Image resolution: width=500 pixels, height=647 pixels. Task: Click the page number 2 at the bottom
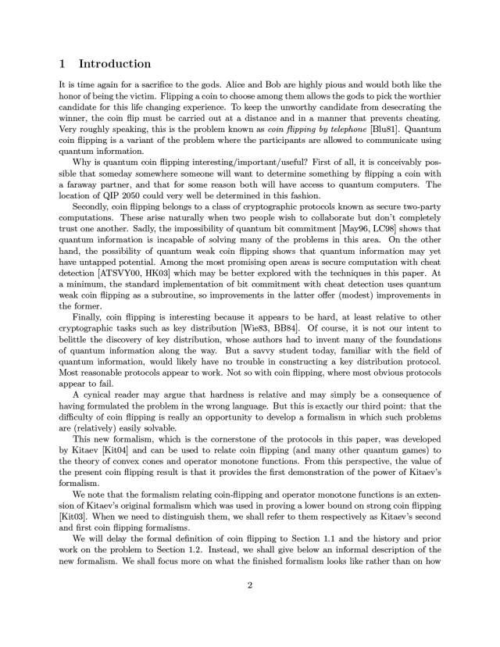tap(250, 609)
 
